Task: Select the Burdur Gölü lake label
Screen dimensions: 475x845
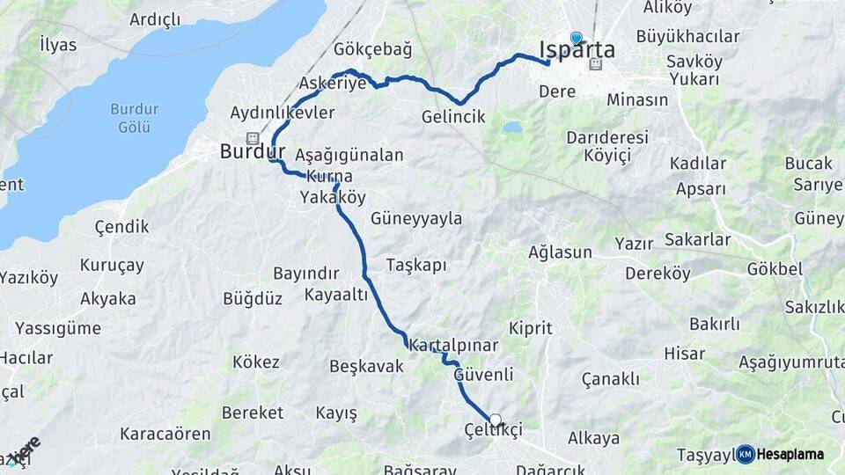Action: [x=134, y=118]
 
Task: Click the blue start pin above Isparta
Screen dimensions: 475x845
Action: [x=577, y=38]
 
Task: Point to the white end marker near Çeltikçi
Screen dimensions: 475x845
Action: [x=496, y=420]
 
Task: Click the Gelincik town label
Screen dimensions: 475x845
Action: [x=453, y=116]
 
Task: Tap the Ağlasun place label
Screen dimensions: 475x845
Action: [x=560, y=252]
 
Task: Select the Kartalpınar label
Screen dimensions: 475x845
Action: [x=454, y=346]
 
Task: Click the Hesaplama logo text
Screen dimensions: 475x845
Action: [x=790, y=454]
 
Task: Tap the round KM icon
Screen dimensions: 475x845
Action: [x=746, y=454]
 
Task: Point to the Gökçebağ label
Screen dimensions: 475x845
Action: [x=372, y=49]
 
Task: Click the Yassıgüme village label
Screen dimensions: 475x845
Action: [x=57, y=328]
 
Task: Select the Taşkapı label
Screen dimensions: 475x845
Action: [x=416, y=265]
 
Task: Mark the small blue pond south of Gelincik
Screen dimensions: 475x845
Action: [x=511, y=128]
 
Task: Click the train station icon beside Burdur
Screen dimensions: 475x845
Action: [x=253, y=137]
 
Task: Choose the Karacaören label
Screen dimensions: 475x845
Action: [x=165, y=434]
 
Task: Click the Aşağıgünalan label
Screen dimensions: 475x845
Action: [x=349, y=156]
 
